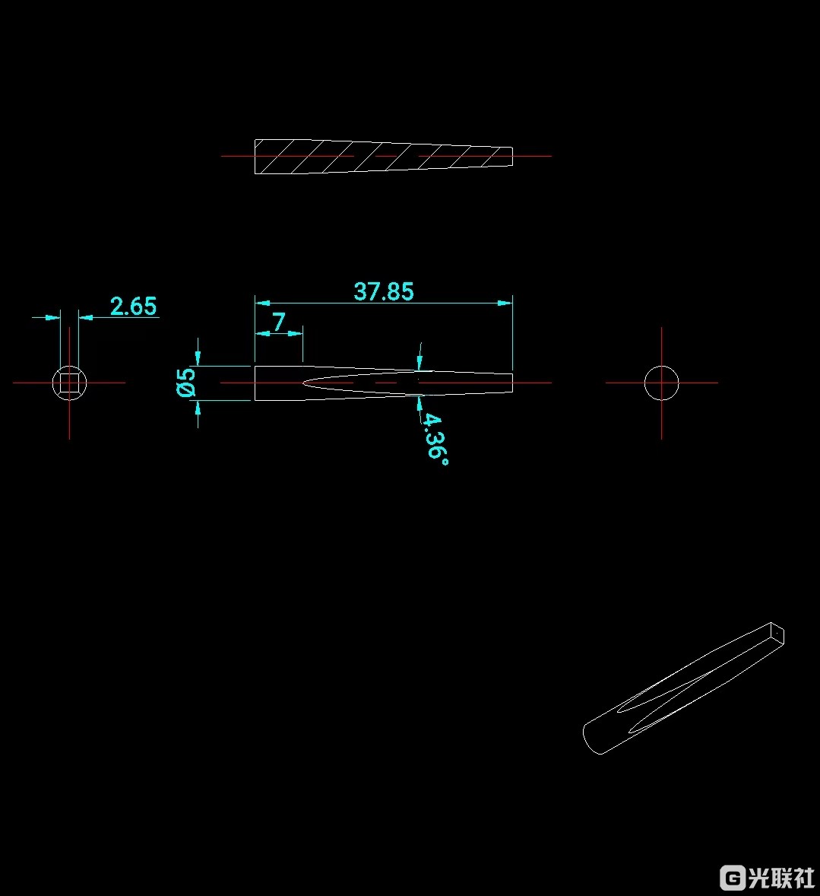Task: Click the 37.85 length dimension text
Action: (x=384, y=291)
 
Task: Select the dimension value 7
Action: (x=279, y=322)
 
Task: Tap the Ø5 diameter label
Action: (x=186, y=383)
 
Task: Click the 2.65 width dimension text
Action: (x=133, y=307)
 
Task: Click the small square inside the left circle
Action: (x=69, y=383)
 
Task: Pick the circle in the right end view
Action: (x=661, y=383)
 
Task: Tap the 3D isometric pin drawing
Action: (x=684, y=688)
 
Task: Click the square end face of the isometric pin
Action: (x=777, y=634)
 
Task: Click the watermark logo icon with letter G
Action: (x=733, y=877)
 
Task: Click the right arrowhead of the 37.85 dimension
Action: (x=505, y=303)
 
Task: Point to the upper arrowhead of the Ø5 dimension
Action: (x=198, y=357)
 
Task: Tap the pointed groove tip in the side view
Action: (x=306, y=383)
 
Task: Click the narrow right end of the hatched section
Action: (x=510, y=156)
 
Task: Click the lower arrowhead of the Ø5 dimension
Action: (x=198, y=408)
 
